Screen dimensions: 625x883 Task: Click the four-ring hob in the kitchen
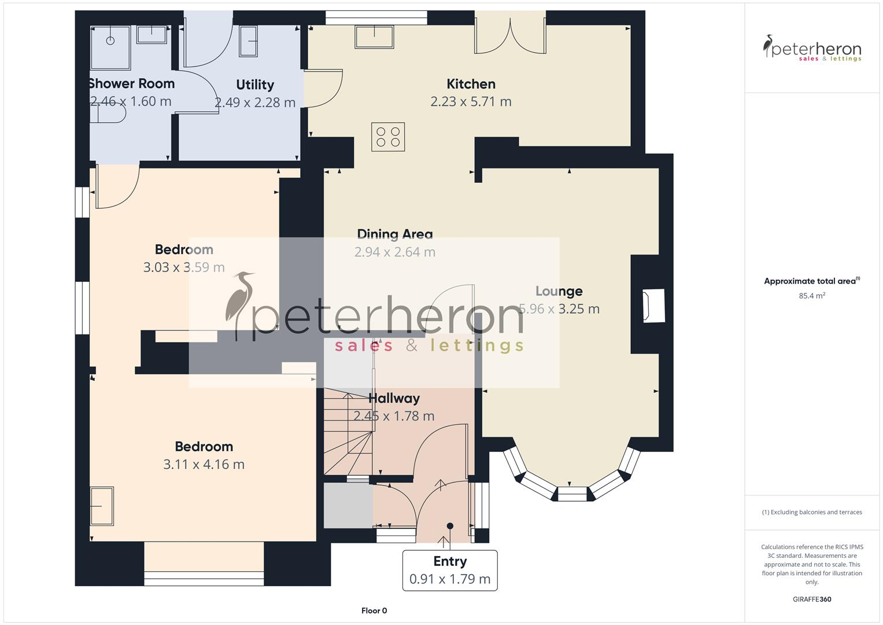[x=388, y=137]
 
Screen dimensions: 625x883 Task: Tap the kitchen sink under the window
[x=374, y=38]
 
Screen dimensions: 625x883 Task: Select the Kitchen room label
[x=471, y=84]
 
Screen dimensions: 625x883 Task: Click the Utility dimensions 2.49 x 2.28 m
[x=255, y=102]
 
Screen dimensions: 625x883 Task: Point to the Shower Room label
[x=131, y=83]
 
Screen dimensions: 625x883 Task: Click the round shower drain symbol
[x=110, y=41]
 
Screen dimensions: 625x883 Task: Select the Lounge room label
[x=559, y=291]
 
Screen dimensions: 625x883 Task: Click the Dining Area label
[x=394, y=234]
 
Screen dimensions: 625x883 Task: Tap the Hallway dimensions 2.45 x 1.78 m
[x=394, y=416]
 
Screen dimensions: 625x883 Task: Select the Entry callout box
[x=450, y=570]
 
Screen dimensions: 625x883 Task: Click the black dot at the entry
[x=450, y=526]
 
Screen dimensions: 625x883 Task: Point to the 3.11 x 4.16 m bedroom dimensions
[x=204, y=464]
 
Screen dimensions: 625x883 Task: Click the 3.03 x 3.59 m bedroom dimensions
[x=184, y=267]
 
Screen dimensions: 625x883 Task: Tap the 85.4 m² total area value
[x=812, y=296]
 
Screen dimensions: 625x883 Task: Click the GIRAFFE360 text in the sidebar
[x=812, y=599]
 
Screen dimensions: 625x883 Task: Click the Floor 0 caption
[x=374, y=611]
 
